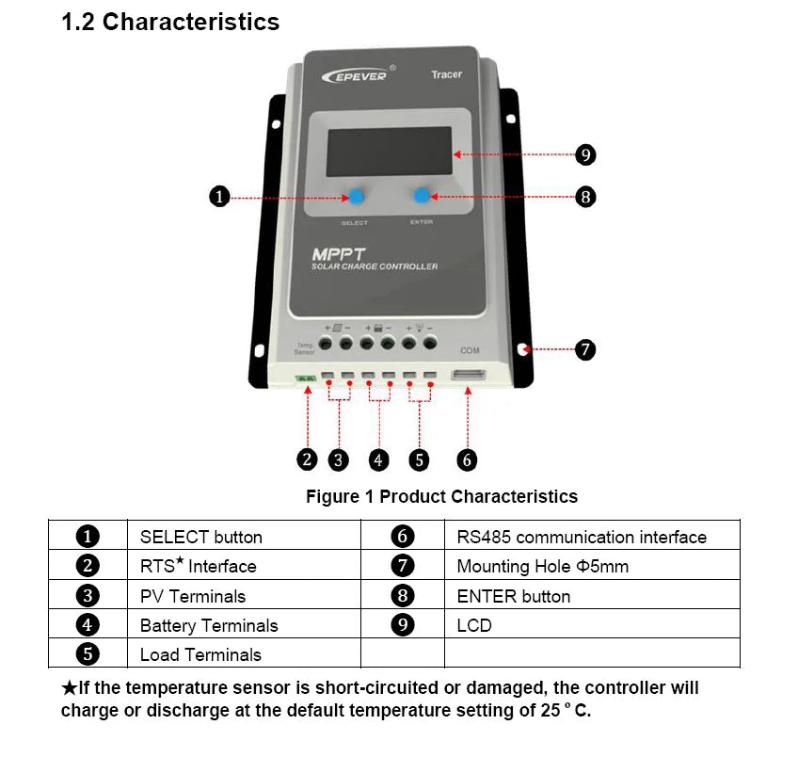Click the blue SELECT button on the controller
[x=357, y=197]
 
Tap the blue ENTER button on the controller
[x=422, y=196]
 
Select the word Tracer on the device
[x=446, y=74]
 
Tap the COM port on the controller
[x=468, y=377]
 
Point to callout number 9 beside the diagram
[x=584, y=154]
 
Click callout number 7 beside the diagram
[x=584, y=349]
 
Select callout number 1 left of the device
[x=218, y=197]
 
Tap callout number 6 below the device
[x=467, y=459]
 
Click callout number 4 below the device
[x=378, y=459]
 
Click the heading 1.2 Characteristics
[x=170, y=23]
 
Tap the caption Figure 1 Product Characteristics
[x=441, y=496]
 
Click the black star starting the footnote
[x=69, y=688]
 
